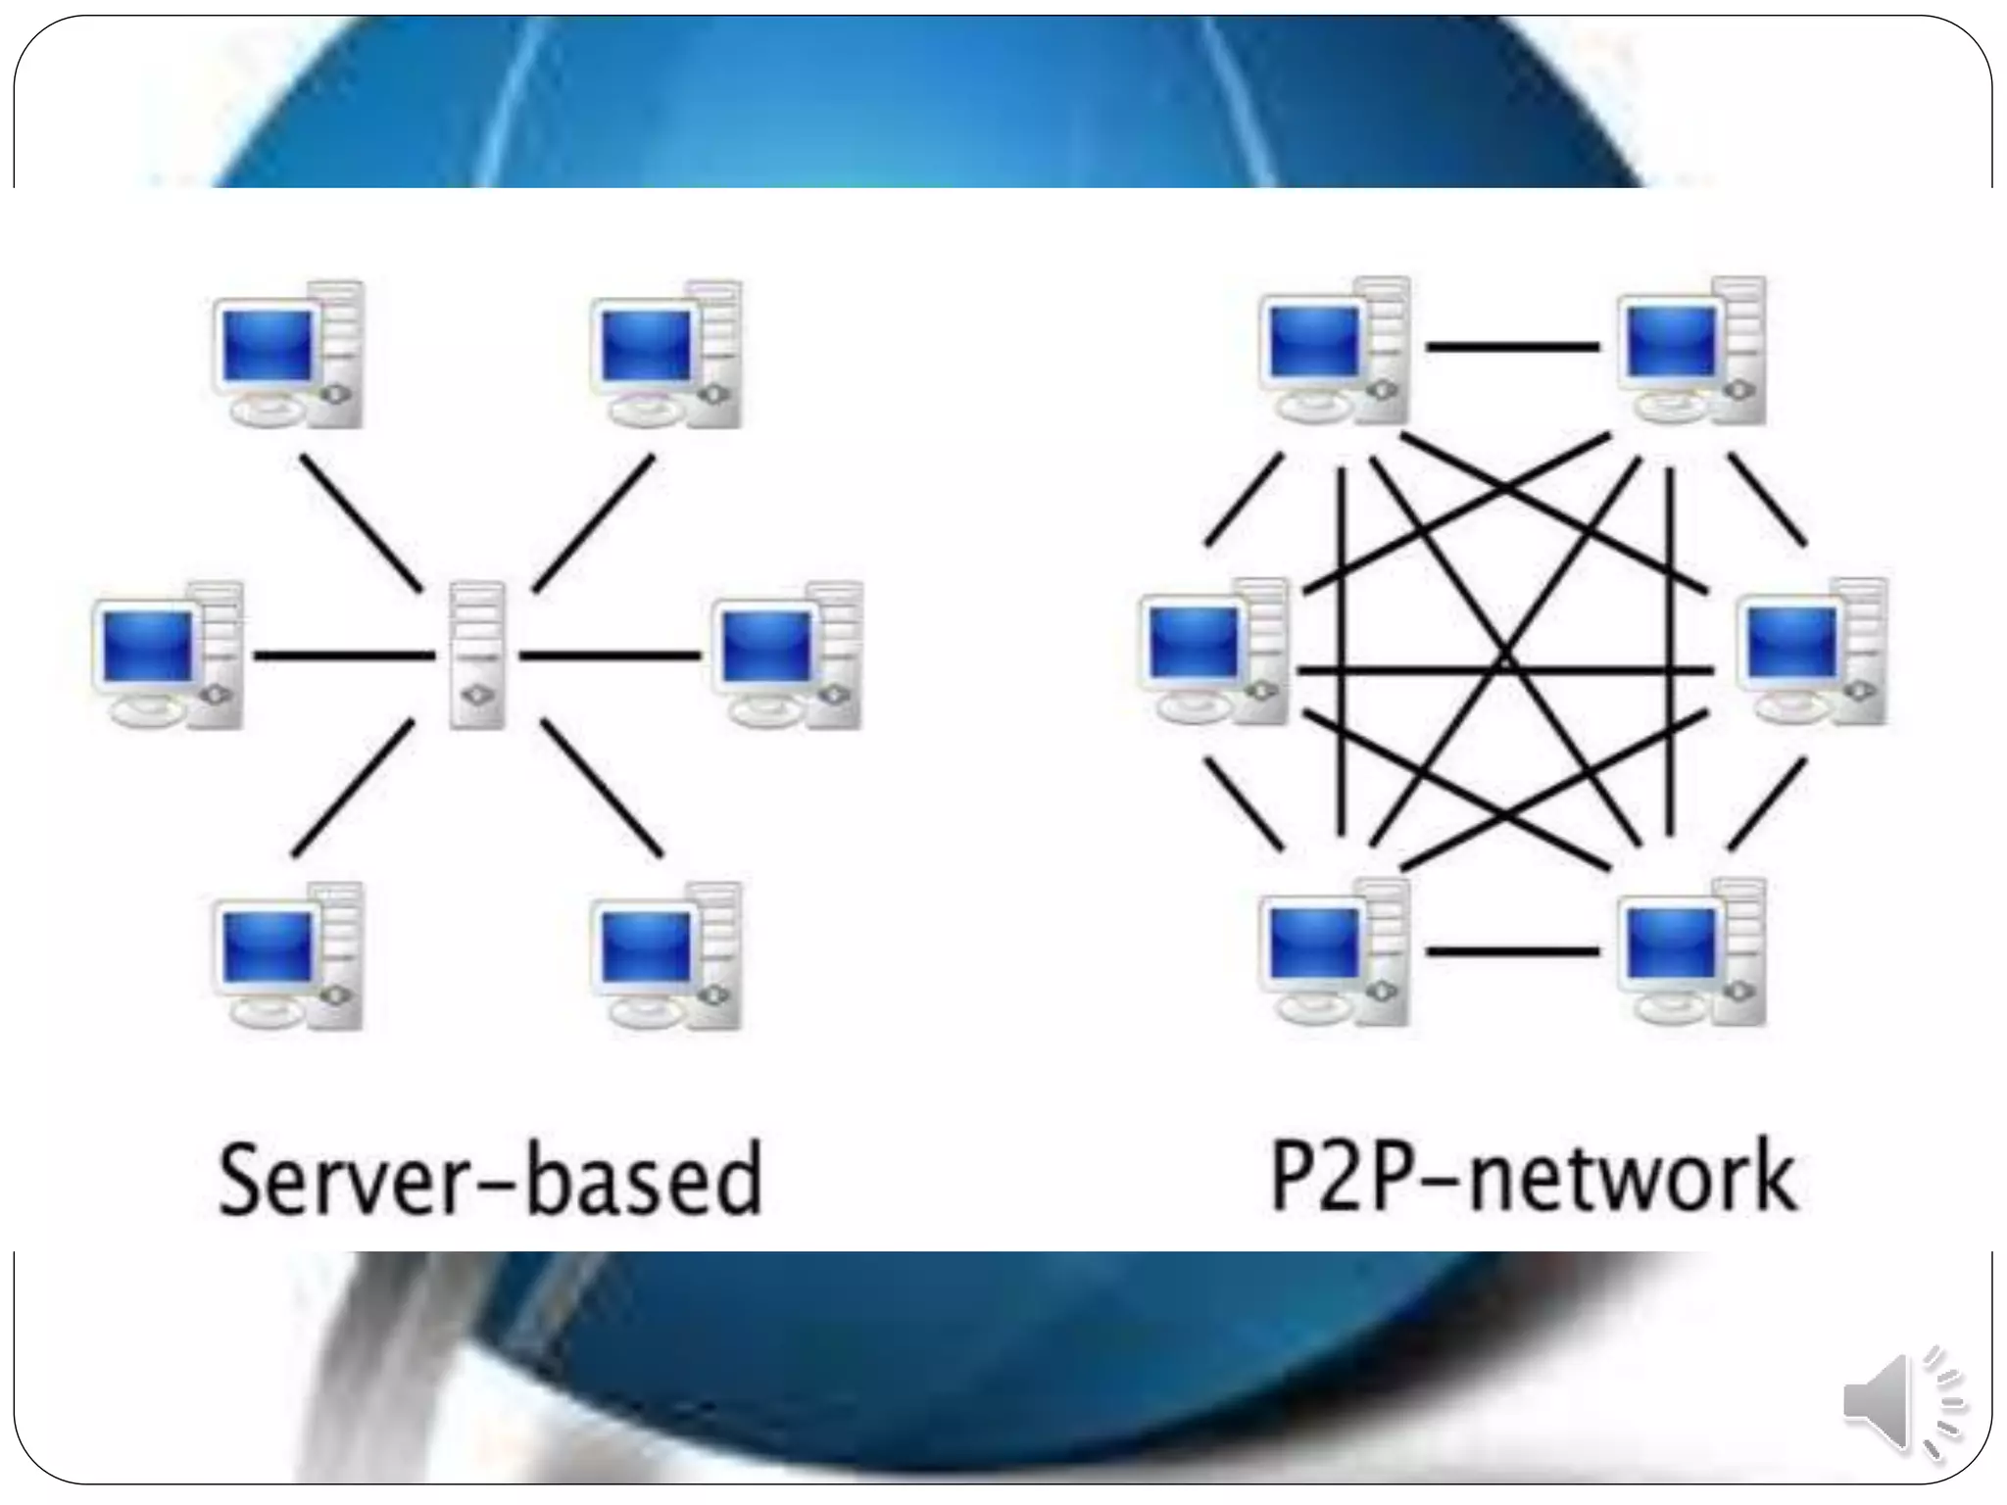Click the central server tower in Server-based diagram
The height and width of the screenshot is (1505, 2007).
477,655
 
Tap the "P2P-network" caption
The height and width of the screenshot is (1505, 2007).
1534,1176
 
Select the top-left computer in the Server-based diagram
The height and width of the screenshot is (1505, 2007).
288,355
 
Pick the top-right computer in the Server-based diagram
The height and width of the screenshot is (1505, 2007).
666,355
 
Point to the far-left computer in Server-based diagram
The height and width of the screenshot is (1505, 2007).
168,655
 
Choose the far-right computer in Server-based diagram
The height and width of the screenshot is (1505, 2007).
788,655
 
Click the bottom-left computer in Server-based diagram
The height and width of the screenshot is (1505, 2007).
288,956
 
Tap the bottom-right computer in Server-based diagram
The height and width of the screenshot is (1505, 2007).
666,956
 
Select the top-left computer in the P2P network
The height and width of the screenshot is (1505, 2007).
1334,351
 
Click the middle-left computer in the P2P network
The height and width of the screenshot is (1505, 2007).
1214,652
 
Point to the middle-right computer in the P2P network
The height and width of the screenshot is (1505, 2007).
1813,652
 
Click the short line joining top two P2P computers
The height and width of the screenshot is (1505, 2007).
1512,346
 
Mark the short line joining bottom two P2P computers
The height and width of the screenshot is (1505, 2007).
1512,950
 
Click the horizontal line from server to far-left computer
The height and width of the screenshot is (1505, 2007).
343,655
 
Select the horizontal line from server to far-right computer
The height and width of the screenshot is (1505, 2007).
610,655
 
